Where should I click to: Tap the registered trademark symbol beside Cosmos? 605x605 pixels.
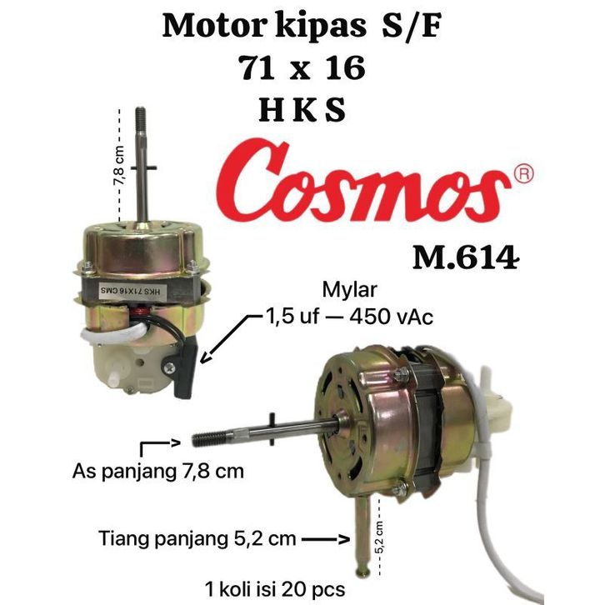(523, 173)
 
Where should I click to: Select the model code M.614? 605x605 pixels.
(466, 257)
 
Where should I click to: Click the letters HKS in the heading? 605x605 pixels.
(302, 110)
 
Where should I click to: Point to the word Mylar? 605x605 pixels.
(349, 290)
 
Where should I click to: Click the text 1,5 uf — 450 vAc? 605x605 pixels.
(348, 317)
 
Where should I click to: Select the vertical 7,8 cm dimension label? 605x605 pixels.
(119, 165)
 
